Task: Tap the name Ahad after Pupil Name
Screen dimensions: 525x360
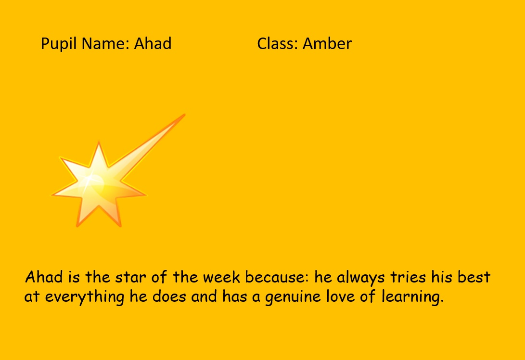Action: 153,43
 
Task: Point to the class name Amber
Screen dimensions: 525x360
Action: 327,43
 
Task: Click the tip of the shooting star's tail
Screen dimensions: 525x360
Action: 184,115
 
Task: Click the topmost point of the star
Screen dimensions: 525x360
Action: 99,142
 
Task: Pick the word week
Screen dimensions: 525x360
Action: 221,277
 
